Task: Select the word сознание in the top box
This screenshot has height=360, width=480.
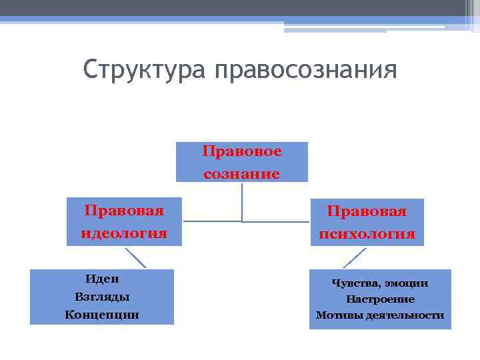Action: coord(241,174)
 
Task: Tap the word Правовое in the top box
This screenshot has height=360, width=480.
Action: coord(241,151)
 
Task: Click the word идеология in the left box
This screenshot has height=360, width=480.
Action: coord(124,233)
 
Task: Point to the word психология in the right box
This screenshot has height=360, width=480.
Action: coord(367,234)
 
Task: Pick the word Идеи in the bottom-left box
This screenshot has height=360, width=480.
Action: coord(102,279)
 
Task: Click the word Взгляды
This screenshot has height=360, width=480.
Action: coord(102,296)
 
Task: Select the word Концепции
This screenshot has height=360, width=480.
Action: coord(102,314)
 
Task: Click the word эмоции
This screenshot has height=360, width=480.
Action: coord(407,283)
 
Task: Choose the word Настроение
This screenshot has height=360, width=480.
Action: coord(380,299)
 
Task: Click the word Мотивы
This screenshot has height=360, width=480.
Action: coord(339,315)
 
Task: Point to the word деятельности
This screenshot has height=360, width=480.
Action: coord(405,315)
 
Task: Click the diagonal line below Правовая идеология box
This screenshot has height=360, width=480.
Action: coord(135,257)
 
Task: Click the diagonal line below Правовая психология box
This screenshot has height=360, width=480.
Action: coord(355,258)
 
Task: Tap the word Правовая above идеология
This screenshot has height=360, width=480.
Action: coord(124,211)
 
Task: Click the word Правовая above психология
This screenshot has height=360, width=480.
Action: coord(367,211)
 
